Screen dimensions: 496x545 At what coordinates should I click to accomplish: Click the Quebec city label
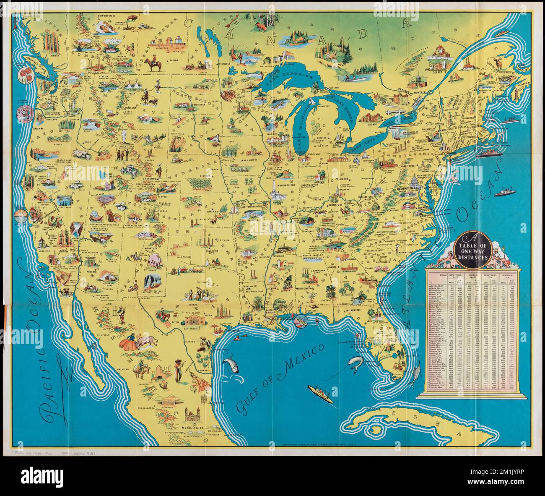[x=435, y=72]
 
